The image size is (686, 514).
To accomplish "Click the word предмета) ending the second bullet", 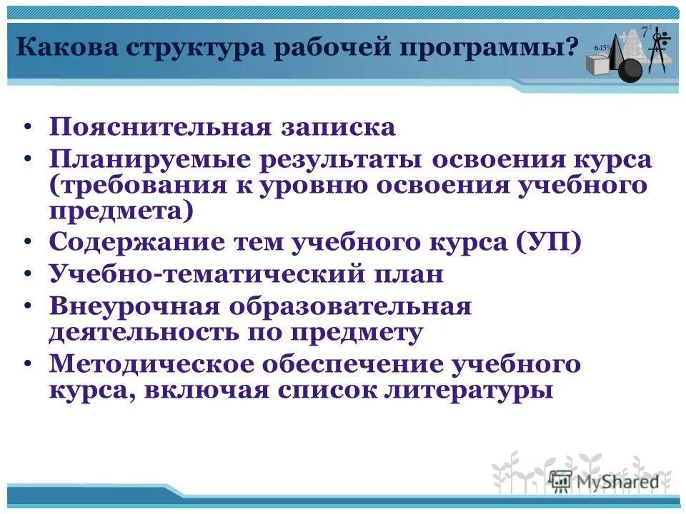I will (121, 211).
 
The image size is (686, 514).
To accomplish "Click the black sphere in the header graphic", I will (630, 70).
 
